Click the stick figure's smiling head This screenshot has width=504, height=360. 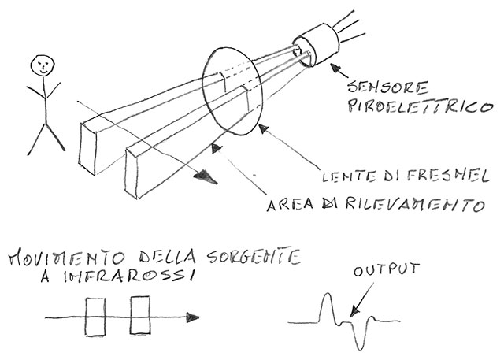(x=43, y=66)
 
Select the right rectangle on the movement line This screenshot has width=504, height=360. (x=140, y=317)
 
